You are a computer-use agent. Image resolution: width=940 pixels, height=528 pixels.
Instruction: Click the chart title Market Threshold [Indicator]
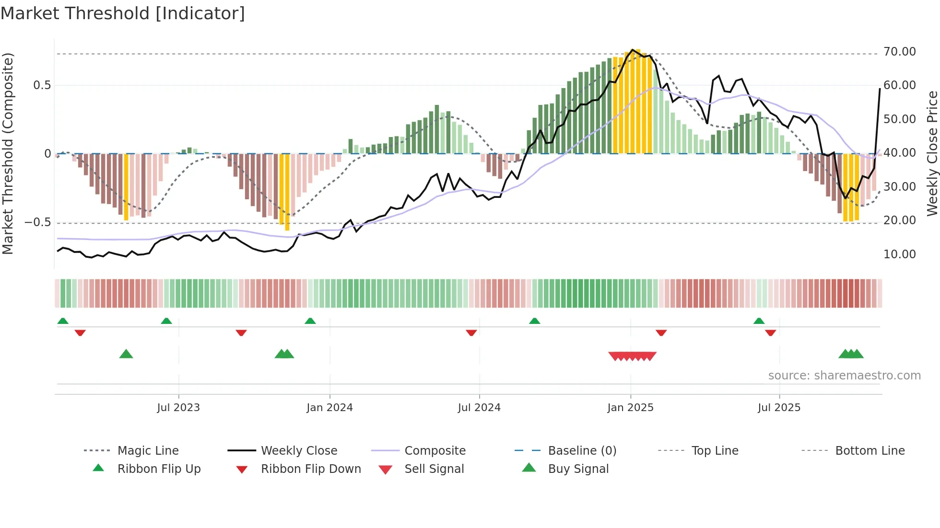[123, 13]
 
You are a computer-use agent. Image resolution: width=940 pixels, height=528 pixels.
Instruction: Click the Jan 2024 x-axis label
[329, 408]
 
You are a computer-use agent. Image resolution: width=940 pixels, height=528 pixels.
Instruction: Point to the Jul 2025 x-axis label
[779, 408]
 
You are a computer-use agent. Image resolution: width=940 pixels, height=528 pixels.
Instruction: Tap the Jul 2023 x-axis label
[178, 408]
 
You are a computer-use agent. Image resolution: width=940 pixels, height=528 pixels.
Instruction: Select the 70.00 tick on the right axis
[899, 52]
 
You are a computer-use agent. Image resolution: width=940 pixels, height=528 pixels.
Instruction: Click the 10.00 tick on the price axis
[899, 254]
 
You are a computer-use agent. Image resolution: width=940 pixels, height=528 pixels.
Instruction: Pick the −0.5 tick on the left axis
[37, 222]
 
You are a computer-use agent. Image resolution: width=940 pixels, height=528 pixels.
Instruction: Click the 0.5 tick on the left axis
[42, 85]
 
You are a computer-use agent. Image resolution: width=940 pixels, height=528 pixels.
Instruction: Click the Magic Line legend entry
[148, 451]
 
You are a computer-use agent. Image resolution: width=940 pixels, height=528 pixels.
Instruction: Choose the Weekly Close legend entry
[299, 451]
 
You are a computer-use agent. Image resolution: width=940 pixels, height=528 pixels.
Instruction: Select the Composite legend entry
[435, 451]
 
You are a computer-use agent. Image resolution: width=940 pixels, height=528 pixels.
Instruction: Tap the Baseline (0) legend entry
[582, 451]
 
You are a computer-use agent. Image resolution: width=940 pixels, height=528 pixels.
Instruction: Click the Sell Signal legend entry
[434, 469]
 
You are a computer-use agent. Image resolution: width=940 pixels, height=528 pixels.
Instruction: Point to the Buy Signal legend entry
[578, 469]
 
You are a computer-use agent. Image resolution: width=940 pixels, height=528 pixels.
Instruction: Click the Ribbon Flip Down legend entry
[311, 469]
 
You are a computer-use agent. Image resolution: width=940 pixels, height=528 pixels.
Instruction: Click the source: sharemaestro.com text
[844, 376]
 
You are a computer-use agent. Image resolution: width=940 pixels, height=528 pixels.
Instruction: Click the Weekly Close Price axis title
[932, 153]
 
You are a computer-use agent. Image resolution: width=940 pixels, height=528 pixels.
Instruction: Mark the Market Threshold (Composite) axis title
[8, 153]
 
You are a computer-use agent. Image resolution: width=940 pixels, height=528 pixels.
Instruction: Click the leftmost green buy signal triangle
[126, 354]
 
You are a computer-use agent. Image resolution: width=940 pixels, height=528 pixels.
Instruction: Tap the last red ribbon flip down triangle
[771, 333]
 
